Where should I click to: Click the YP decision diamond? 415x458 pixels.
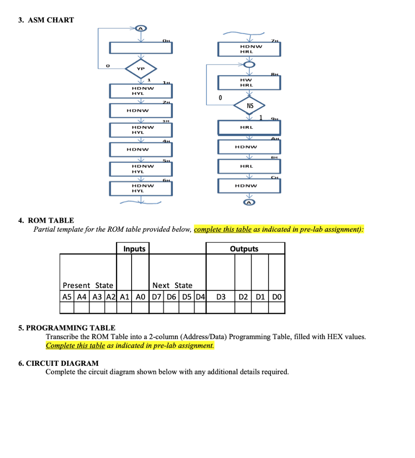pyautogui.click(x=141, y=69)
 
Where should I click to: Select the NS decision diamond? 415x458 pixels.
pyautogui.click(x=250, y=106)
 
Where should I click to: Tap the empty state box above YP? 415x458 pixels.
pyautogui.click(x=141, y=47)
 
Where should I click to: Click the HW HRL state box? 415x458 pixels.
pyautogui.click(x=249, y=82)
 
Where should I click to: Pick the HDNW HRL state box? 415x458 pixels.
pyautogui.click(x=249, y=49)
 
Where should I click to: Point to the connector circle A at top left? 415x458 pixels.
pyautogui.click(x=141, y=28)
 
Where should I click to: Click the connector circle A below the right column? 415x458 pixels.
pyautogui.click(x=249, y=203)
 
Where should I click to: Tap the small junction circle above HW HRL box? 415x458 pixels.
pyautogui.click(x=249, y=65)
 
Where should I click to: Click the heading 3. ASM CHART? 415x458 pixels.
pyautogui.click(x=46, y=20)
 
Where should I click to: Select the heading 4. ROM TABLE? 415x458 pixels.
pyautogui.click(x=46, y=220)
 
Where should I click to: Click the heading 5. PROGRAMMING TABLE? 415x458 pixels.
pyautogui.click(x=67, y=328)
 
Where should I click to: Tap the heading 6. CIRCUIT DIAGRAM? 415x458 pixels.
pyautogui.click(x=59, y=363)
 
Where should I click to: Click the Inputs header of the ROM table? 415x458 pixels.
pyautogui.click(x=134, y=249)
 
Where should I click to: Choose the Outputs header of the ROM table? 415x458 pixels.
pyautogui.click(x=244, y=249)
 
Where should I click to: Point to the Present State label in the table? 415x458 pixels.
pyautogui.click(x=88, y=285)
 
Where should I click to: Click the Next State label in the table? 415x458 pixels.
pyautogui.click(x=172, y=285)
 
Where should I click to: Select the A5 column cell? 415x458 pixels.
pyautogui.click(x=67, y=296)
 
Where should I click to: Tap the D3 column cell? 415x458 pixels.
pyautogui.click(x=221, y=296)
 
